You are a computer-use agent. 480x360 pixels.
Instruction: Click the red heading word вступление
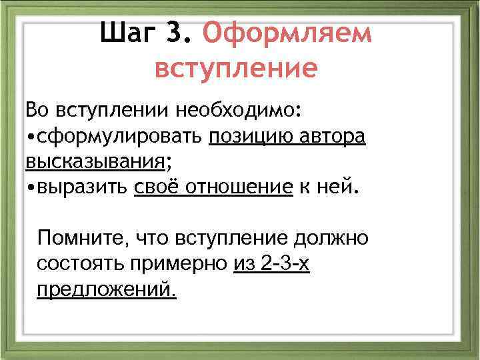coord(236,69)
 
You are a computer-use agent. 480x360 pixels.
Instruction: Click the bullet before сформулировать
coord(31,137)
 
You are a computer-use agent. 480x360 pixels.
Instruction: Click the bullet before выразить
coord(31,188)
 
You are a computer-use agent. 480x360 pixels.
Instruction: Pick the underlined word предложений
coord(107,290)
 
